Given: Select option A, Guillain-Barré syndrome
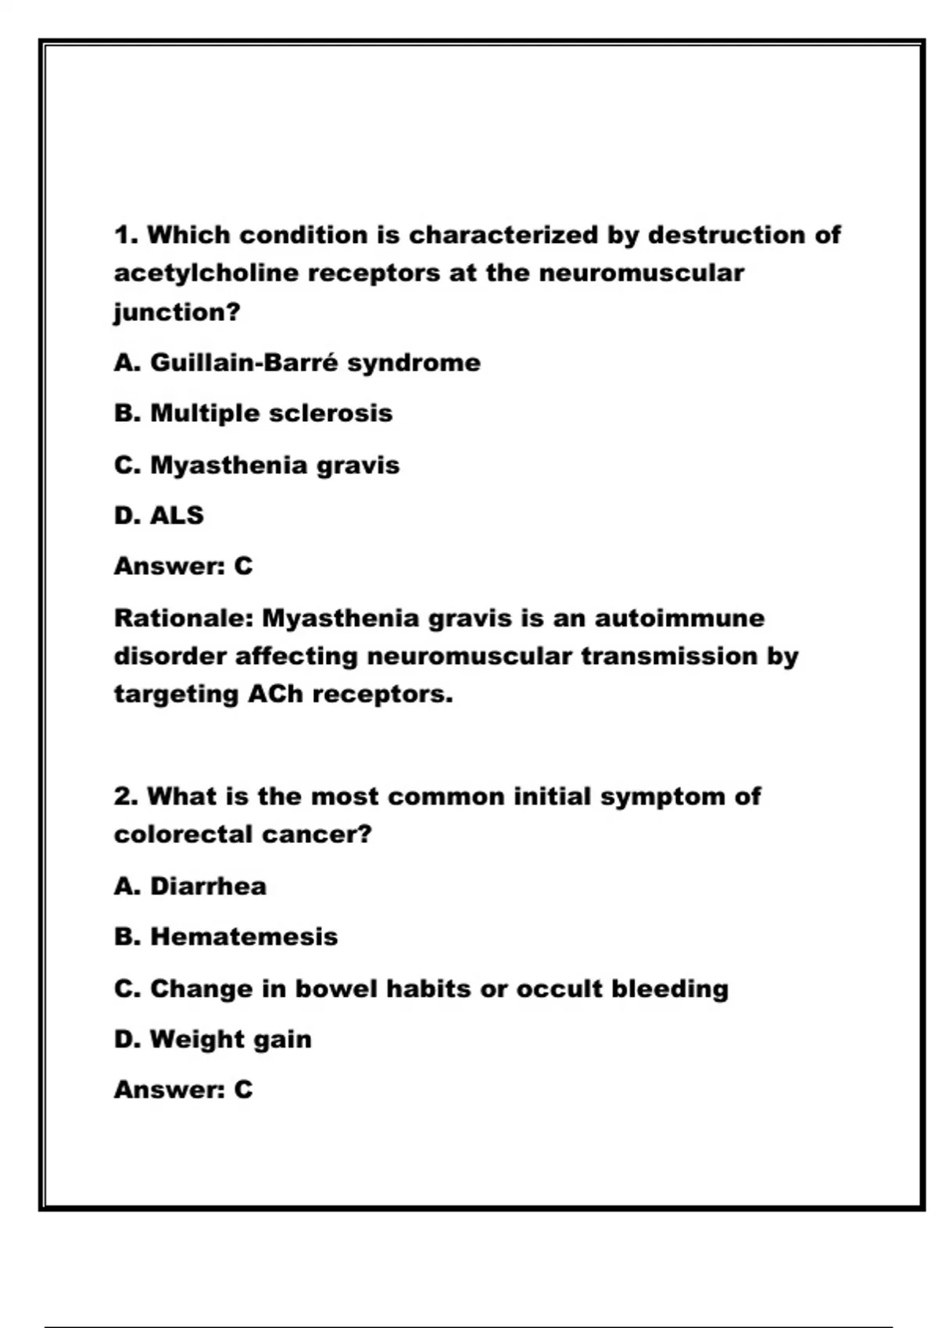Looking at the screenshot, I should point(297,362).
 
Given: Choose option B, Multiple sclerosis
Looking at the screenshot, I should point(253,413).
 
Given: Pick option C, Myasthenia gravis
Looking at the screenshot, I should point(256,465).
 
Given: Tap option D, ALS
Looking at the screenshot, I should point(159,516).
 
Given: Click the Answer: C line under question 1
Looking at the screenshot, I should point(184,566).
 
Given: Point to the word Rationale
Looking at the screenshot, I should point(184,618).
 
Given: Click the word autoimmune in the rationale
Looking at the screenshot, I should point(679,618).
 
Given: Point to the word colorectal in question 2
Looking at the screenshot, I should point(184,835).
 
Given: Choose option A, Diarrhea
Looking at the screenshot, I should point(190,886).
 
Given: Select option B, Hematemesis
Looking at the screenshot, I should point(226,937).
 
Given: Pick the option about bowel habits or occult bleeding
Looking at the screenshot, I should point(421,988).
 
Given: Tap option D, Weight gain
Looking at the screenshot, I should point(213,1039).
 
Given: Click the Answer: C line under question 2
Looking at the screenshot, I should point(184,1089).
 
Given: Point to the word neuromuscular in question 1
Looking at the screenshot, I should point(641,273).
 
